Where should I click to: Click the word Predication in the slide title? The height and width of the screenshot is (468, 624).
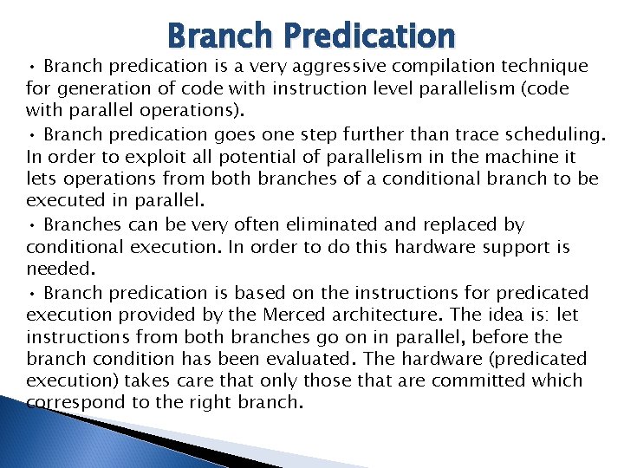coord(369,36)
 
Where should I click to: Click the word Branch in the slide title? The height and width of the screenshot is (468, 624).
coord(221,36)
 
